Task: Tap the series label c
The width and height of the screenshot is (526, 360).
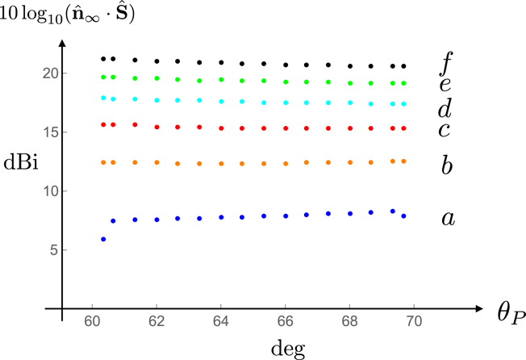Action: pos(445,130)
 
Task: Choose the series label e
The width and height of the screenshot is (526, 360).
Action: pos(445,85)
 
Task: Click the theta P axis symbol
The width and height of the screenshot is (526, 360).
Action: pos(499,313)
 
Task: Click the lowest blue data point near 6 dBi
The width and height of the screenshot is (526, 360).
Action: pos(103,239)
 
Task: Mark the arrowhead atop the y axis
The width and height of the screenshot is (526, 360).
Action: pos(65,35)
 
